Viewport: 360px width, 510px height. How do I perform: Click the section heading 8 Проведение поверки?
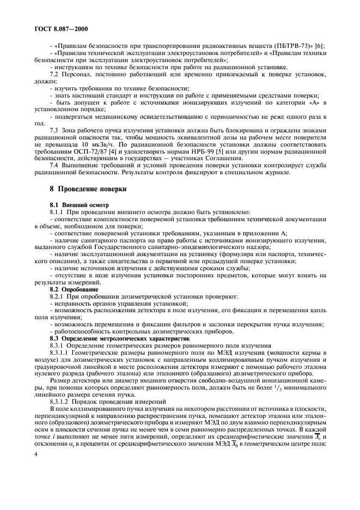(x=87, y=190)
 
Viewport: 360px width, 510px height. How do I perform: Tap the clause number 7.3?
(x=55, y=130)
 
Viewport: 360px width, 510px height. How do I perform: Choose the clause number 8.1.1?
(x=57, y=211)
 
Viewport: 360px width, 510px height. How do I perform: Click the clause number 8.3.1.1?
(x=60, y=353)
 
